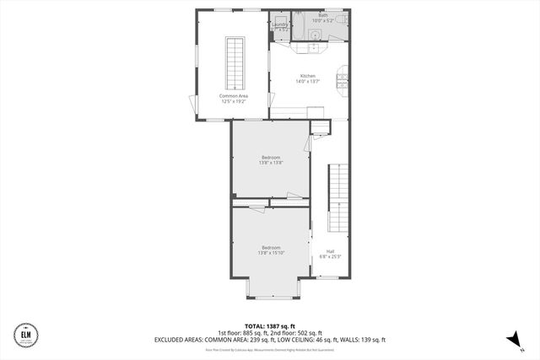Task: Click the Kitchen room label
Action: [x=306, y=77]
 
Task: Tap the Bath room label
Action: [x=323, y=15]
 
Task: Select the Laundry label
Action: [x=280, y=24]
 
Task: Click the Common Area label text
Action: [x=232, y=95]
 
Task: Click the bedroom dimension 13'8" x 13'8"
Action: [x=271, y=163]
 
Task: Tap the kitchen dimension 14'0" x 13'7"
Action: [x=306, y=83]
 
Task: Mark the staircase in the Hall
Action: [x=337, y=198]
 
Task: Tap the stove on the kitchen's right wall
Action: [x=342, y=80]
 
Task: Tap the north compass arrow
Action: [x=510, y=339]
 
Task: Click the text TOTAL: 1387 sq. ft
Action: [x=269, y=325]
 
